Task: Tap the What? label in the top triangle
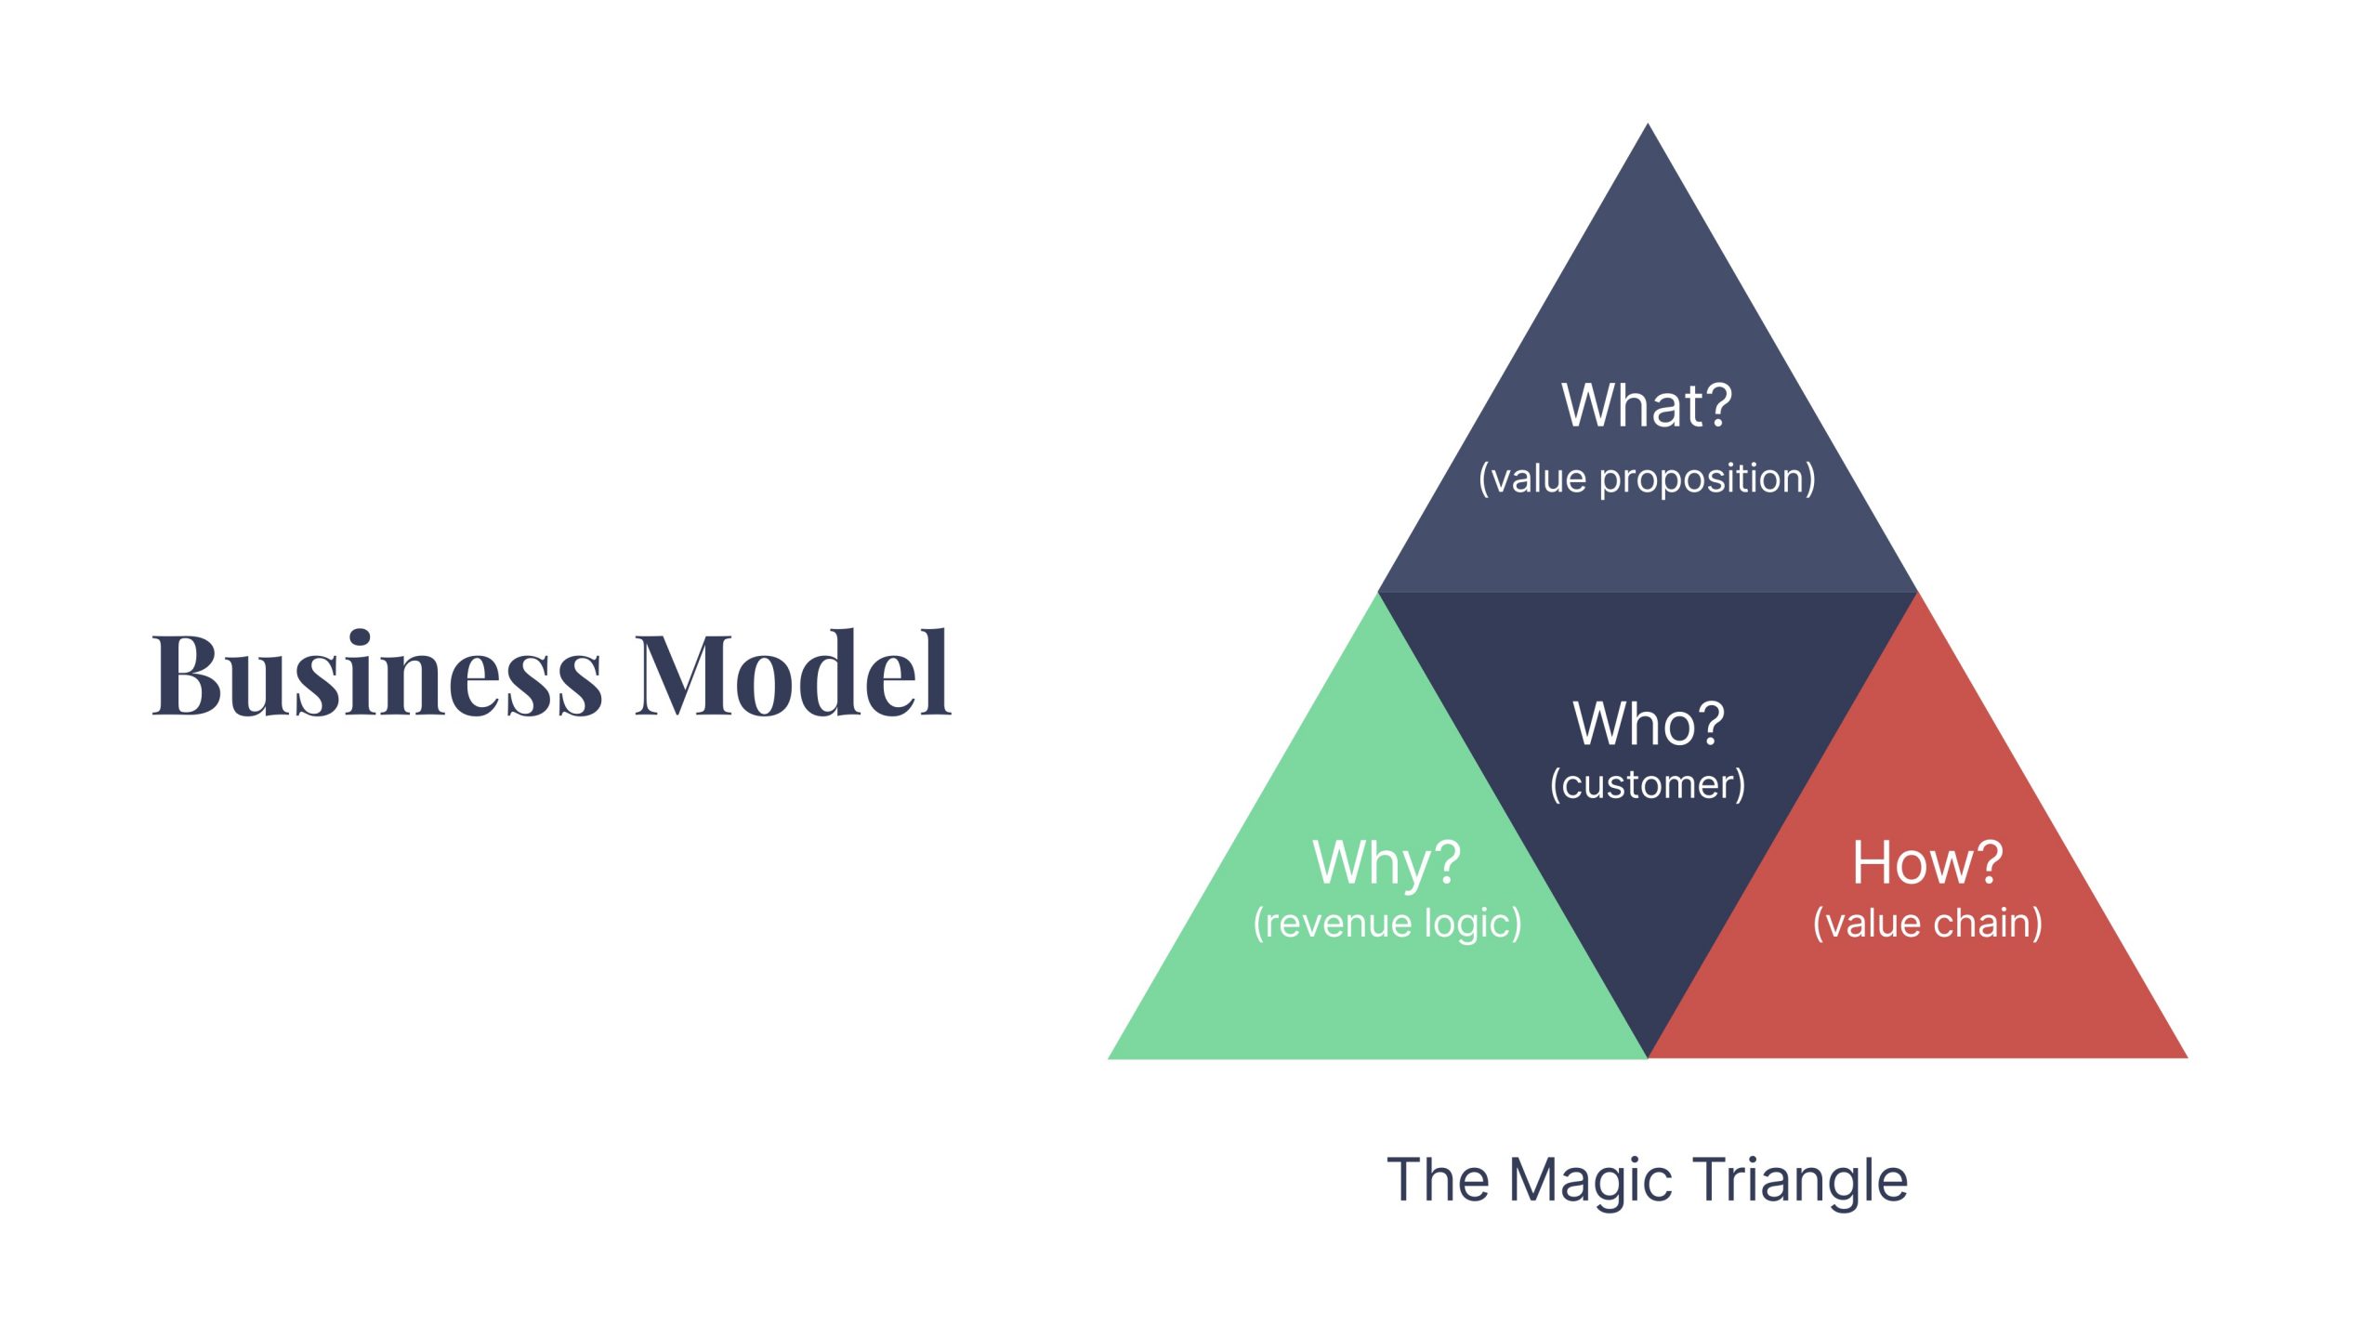tap(1647, 406)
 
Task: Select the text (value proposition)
tap(1647, 479)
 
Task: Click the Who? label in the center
tap(1649, 724)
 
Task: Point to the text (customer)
tap(1648, 784)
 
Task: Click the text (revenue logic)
tap(1387, 924)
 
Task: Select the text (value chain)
tap(1927, 924)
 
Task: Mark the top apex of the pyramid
tap(1648, 126)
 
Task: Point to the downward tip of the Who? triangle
tap(1648, 1054)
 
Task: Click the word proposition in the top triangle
tap(1706, 479)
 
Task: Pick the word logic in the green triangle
tap(1473, 924)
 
